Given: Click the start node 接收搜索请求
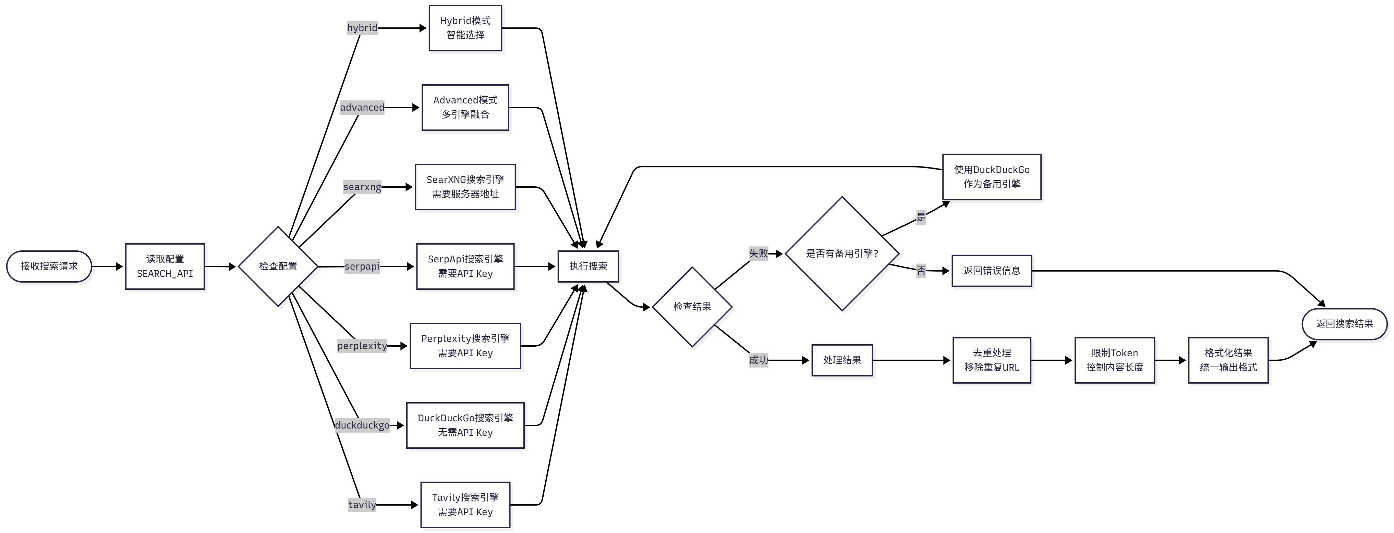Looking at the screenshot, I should click(49, 266).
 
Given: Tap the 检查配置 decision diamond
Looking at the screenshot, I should click(278, 266).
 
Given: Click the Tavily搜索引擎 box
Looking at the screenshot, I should click(465, 504).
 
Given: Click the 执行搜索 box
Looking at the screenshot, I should click(588, 266).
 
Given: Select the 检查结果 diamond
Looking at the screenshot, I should click(692, 307).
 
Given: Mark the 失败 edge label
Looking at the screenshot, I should click(758, 253).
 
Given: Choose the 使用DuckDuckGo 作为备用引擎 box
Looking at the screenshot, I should click(991, 177).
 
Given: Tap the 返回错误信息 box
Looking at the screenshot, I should click(991, 270).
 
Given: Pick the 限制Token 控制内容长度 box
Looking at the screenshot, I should click(1114, 360).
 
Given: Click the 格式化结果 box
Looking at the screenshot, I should click(1227, 360).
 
